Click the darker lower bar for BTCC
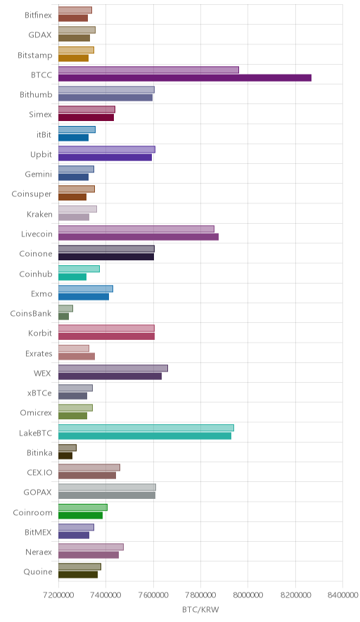[x=185, y=77]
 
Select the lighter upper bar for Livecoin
[x=136, y=229]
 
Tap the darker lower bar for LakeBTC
[x=145, y=436]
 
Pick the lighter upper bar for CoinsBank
[x=65, y=308]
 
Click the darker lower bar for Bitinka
[x=65, y=456]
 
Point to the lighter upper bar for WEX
[x=113, y=368]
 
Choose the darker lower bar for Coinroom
[x=80, y=515]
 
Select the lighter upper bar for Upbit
[x=107, y=149]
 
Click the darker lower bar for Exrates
[x=77, y=356]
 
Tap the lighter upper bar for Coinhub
[x=79, y=269]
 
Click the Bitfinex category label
[x=38, y=15]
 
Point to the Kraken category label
[x=39, y=214]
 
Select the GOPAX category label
[x=38, y=493]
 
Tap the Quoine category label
[x=38, y=572]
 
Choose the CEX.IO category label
[x=39, y=472]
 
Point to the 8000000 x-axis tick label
[x=248, y=595]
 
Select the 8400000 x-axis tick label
[x=342, y=595]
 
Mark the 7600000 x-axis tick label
[x=153, y=595]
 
